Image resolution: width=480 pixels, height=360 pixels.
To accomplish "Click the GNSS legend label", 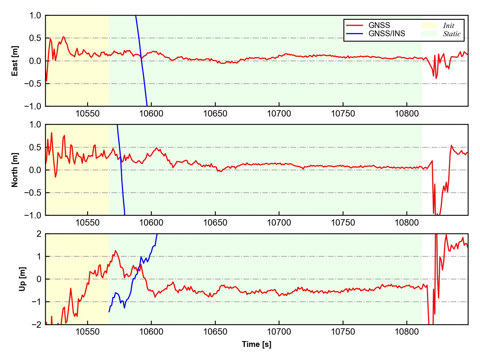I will [379, 25].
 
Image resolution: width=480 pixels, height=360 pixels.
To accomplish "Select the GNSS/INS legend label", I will [387, 34].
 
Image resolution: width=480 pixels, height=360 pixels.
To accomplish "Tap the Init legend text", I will [449, 26].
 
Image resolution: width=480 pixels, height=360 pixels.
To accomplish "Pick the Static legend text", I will [452, 34].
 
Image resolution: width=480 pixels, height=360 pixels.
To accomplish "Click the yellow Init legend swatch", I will [429, 25].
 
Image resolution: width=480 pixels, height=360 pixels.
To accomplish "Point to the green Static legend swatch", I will [429, 34].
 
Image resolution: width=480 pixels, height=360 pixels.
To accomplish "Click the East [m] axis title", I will [15, 61].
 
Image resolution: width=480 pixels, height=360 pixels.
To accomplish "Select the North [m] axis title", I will [15, 170].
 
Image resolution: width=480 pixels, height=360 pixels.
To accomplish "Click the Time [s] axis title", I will [257, 344].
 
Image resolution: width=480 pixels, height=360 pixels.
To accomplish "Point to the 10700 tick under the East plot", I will [279, 114].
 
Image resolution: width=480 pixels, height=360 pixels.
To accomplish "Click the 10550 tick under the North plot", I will [87, 223].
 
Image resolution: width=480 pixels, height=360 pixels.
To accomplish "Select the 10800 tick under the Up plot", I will [407, 332].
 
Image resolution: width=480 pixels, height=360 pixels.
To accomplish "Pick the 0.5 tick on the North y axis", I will [36, 147].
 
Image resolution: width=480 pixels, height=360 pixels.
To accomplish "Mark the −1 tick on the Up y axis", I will [36, 302].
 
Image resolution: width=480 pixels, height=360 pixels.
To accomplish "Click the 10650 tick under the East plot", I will [215, 114].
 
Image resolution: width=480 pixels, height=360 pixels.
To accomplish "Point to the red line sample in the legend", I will [354, 25].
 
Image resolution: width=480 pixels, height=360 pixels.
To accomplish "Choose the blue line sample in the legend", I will [354, 34].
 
